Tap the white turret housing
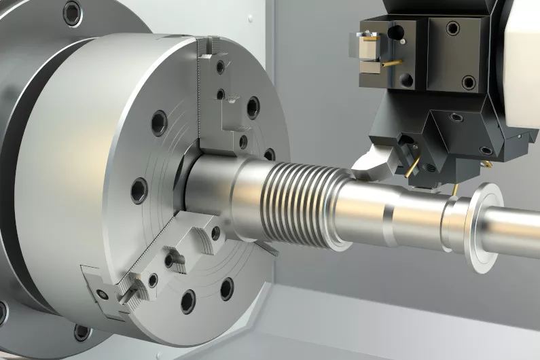click(523, 68)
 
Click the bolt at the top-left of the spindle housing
click(71, 12)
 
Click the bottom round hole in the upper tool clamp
click(407, 79)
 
